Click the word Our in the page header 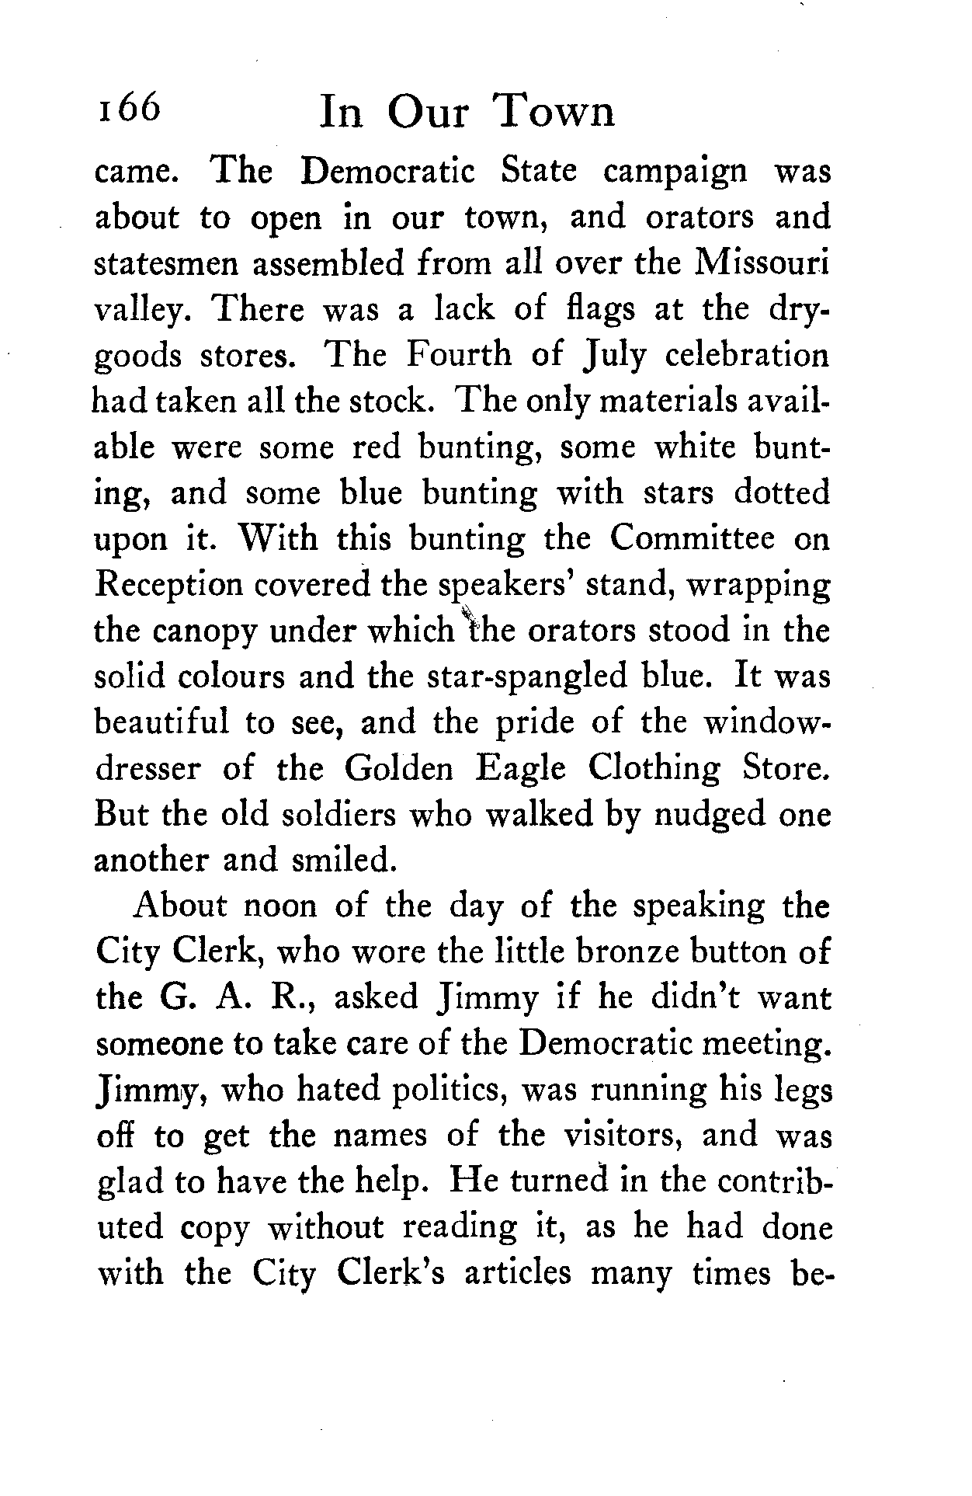(429, 113)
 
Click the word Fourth (460, 356)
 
